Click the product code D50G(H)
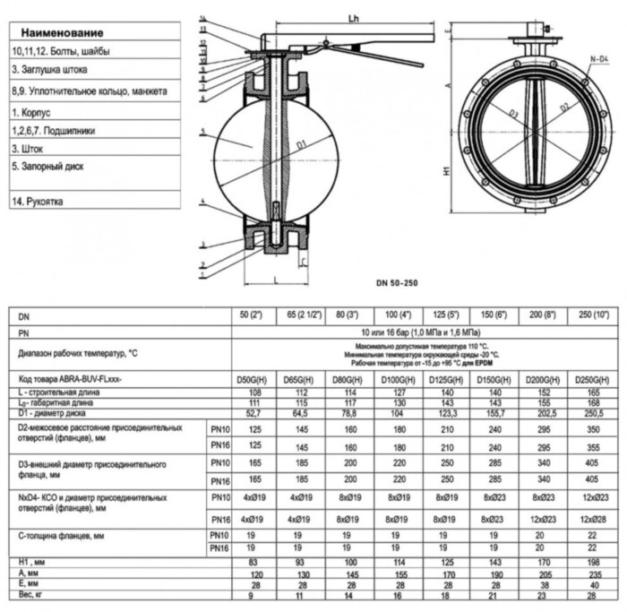253,380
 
